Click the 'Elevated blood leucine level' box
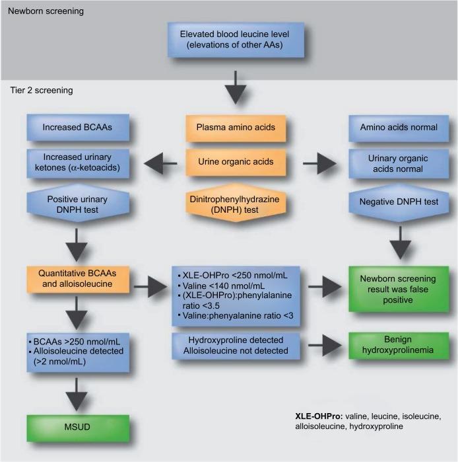pos(236,40)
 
